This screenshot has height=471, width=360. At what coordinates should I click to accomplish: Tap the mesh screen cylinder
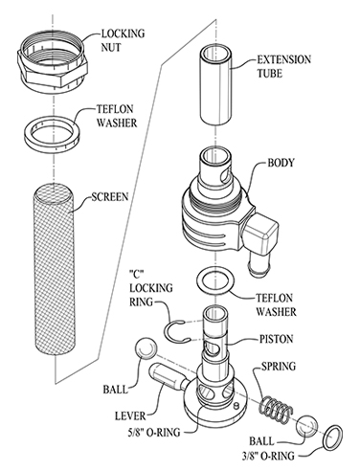click(54, 271)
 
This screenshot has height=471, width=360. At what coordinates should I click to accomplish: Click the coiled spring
click(275, 406)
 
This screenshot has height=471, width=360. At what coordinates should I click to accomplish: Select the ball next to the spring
click(307, 426)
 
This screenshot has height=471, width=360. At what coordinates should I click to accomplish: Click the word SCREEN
click(109, 196)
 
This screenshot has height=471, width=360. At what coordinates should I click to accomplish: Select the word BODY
click(281, 163)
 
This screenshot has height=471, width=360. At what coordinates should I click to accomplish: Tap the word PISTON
click(276, 339)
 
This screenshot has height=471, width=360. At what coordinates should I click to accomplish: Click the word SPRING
click(279, 366)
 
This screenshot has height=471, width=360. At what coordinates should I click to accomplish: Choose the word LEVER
click(130, 415)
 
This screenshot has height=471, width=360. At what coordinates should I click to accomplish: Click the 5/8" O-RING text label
click(153, 432)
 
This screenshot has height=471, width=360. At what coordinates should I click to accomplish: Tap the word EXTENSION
click(283, 59)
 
